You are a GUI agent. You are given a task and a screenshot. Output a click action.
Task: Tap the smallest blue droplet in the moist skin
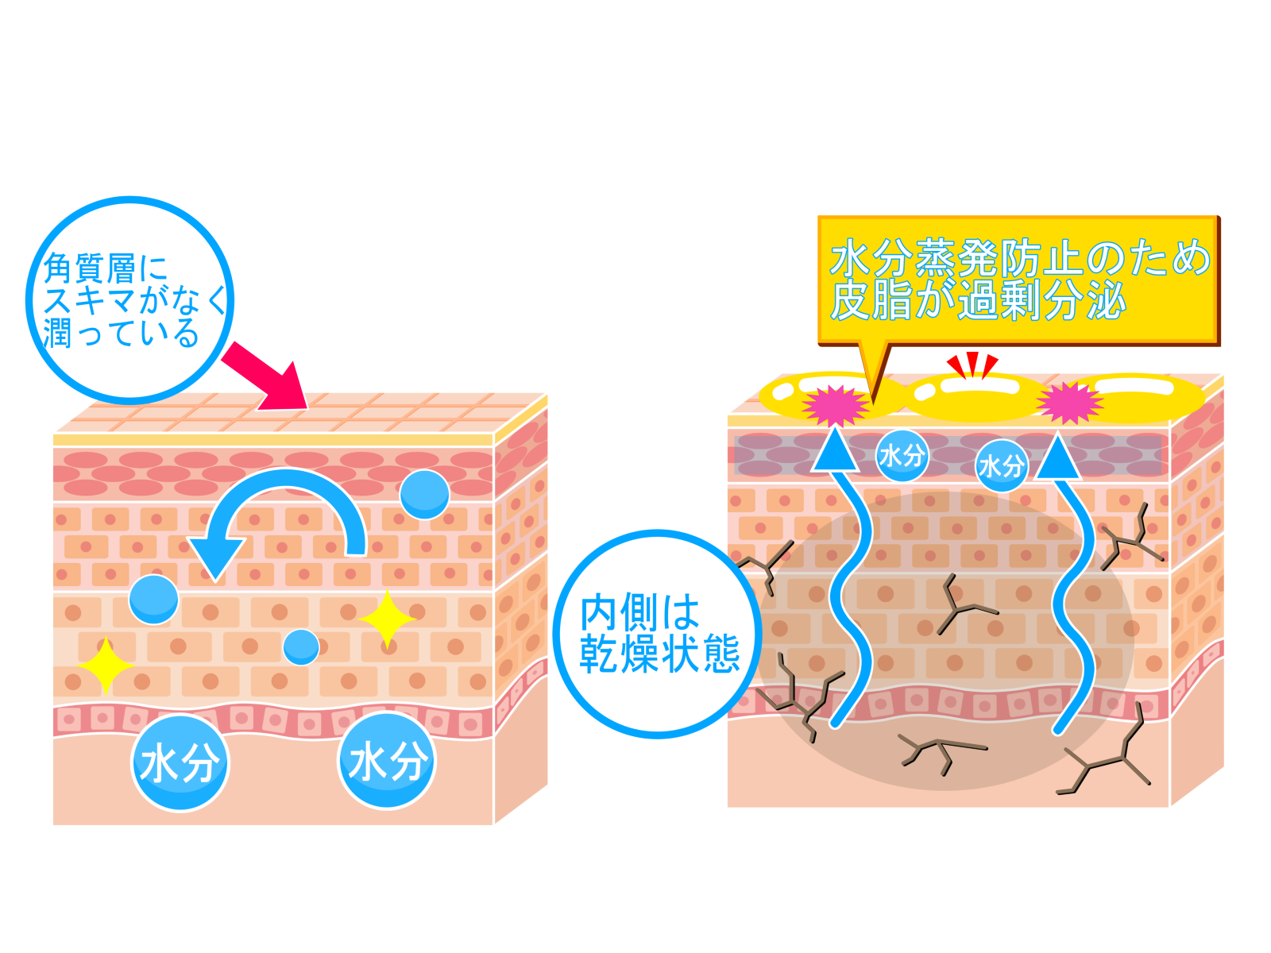pos(301,647)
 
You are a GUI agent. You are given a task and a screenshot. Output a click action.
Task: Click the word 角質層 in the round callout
pos(90,268)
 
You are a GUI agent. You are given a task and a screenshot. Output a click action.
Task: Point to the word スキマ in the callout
pos(90,301)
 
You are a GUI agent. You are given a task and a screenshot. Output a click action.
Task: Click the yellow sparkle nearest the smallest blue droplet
pos(388,619)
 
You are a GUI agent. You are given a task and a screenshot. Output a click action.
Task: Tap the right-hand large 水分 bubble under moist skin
pos(387,761)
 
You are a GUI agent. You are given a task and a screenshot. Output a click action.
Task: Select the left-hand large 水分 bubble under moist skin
pos(180,763)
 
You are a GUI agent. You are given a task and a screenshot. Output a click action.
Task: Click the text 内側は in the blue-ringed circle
pos(639,612)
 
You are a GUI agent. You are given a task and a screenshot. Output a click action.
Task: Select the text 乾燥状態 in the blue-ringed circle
pos(659,654)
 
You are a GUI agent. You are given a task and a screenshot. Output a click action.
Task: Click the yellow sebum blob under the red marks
pos(974,397)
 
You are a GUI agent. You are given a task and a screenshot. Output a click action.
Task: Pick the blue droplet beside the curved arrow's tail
pos(425,494)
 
